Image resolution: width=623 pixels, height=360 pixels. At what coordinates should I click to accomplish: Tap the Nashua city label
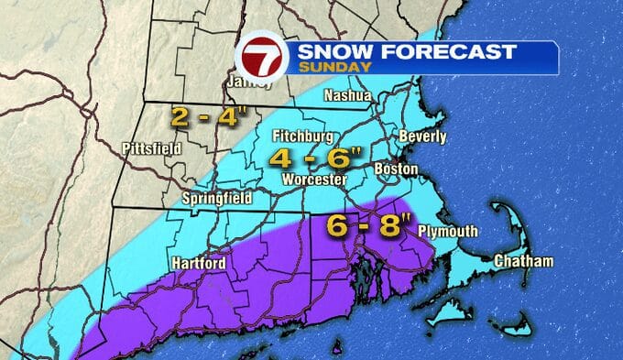[x=347, y=96]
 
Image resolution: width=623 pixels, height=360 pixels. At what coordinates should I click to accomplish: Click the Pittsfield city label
[x=151, y=147]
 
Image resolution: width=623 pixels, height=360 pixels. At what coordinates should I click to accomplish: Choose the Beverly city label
[x=422, y=137]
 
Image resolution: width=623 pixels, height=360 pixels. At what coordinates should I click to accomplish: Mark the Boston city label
[x=397, y=169]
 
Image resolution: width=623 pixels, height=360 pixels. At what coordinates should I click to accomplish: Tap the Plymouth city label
[x=447, y=232]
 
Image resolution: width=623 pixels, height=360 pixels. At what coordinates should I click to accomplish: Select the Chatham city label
[x=523, y=262]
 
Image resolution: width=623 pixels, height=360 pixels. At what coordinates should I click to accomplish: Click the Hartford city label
[x=199, y=264]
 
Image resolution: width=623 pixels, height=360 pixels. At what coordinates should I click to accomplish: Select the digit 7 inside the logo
[x=261, y=58]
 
